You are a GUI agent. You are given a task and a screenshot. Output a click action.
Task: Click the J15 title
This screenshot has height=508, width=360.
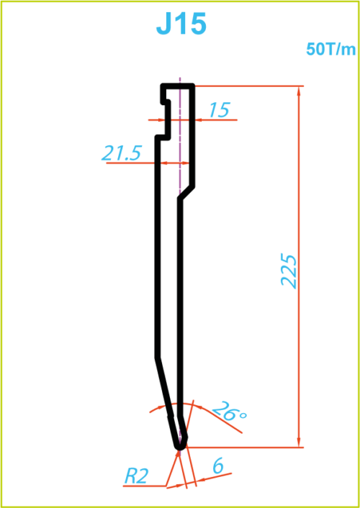pos(181,25)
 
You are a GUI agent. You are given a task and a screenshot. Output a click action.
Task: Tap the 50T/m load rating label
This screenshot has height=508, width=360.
pos(330,50)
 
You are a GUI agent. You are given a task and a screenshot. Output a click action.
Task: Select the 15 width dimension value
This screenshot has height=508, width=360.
pos(220,109)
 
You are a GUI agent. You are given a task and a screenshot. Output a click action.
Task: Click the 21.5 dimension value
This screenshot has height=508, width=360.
pos(121,153)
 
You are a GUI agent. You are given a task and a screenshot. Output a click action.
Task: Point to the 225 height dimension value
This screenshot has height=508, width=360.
pos(289,271)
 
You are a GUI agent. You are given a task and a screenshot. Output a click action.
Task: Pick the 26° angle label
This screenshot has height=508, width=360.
pos(230,412)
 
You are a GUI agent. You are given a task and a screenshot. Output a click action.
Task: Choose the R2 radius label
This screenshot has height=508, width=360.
pos(137,476)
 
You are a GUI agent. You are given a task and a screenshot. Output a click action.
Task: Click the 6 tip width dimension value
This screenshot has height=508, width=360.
pos(218,467)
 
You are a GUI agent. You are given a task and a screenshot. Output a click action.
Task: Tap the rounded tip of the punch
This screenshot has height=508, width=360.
pos(180,447)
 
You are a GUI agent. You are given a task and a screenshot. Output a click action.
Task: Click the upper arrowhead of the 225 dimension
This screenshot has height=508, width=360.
pos(299,91)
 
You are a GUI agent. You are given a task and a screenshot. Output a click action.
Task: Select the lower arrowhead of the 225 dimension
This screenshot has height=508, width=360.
pos(299,443)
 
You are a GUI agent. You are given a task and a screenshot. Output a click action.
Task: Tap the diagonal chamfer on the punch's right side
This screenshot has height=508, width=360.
pos(186,193)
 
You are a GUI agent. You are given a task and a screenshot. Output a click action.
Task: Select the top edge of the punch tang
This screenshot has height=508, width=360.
pos(178,86)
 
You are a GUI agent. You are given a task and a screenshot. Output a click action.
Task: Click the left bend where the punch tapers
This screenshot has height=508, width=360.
pos(158,358)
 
